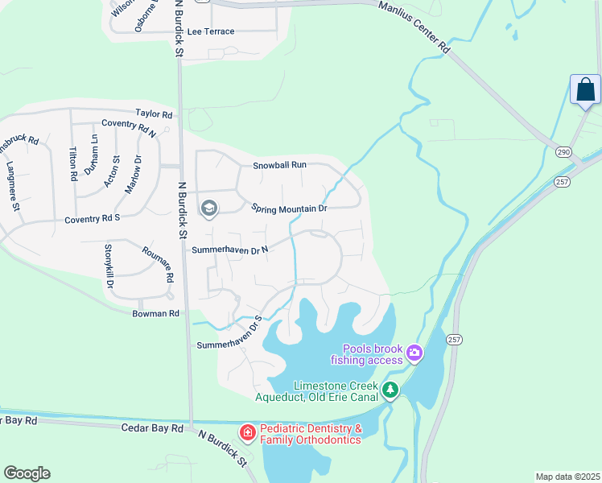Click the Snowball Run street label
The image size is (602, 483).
click(279, 164)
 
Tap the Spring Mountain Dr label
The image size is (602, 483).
click(289, 208)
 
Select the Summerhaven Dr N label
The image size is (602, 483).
click(229, 250)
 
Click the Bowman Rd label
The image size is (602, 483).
click(156, 313)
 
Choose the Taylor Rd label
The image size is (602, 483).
click(155, 114)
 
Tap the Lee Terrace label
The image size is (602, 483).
click(210, 31)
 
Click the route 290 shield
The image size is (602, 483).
click(563, 151)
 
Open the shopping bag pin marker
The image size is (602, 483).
click(585, 89)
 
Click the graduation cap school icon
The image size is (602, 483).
click(209, 209)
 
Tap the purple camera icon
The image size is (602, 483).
click(414, 352)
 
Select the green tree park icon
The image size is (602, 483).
click(390, 390)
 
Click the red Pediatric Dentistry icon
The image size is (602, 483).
click(248, 433)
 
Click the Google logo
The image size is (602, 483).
click(27, 473)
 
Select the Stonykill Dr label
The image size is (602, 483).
click(109, 267)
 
